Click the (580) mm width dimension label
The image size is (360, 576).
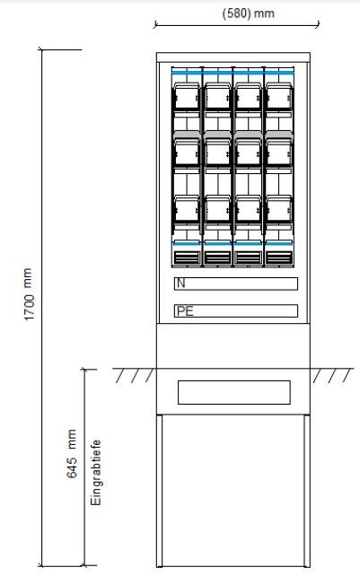tap(248, 13)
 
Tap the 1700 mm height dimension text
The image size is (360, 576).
tap(29, 294)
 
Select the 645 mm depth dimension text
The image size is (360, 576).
tap(72, 454)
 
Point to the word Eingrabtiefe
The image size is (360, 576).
tap(96, 473)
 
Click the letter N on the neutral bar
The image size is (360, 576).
tap(180, 284)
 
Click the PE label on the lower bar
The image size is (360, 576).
tap(185, 311)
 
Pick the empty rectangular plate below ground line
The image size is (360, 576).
tap(234, 393)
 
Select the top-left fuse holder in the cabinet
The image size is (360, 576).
tap(187, 97)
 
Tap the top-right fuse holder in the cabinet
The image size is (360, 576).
tap(279, 97)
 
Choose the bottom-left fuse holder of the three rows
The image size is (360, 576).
tap(187, 209)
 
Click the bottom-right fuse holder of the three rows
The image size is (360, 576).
tap(279, 209)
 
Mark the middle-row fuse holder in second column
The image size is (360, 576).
tap(217, 152)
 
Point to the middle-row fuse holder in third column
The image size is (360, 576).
tap(248, 152)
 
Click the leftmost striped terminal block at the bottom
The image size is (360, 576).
tap(187, 257)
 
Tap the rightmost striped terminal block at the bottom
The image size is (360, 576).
tap(279, 257)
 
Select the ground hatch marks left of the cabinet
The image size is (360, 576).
tap(135, 375)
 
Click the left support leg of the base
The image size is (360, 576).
tap(159, 491)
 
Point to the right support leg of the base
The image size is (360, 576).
tap(307, 491)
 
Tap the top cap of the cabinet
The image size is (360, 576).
tap(233, 57)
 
